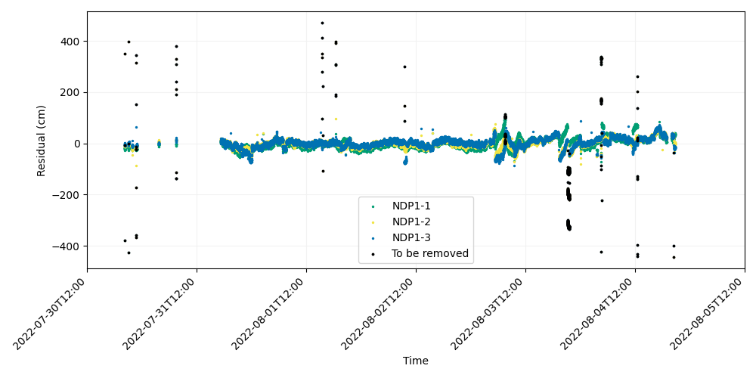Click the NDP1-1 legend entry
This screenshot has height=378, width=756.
tap(411, 206)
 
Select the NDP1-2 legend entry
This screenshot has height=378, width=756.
tap(411, 222)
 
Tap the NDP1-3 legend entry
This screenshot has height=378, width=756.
tap(411, 237)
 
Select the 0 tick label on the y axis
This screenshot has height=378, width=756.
tap(78, 144)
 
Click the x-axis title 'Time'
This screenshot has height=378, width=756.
tap(416, 361)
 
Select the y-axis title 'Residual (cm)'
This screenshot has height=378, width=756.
tap(42, 141)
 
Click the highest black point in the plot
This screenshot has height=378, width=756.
tap(322, 23)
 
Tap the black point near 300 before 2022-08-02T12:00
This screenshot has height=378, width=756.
tap(405, 67)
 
